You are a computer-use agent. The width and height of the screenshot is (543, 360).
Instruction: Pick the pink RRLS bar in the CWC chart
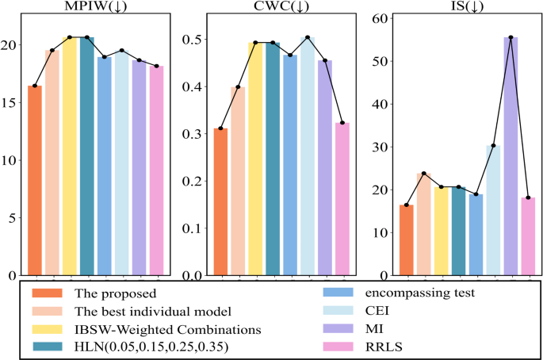pyautogui.click(x=342, y=199)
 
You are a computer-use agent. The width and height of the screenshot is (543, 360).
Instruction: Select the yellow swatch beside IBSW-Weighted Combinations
pyautogui.click(x=46, y=328)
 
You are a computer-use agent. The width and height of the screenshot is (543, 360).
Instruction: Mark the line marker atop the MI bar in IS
pyautogui.click(x=510, y=37)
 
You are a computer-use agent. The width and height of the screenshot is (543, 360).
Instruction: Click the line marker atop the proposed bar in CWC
pyautogui.click(x=220, y=128)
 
